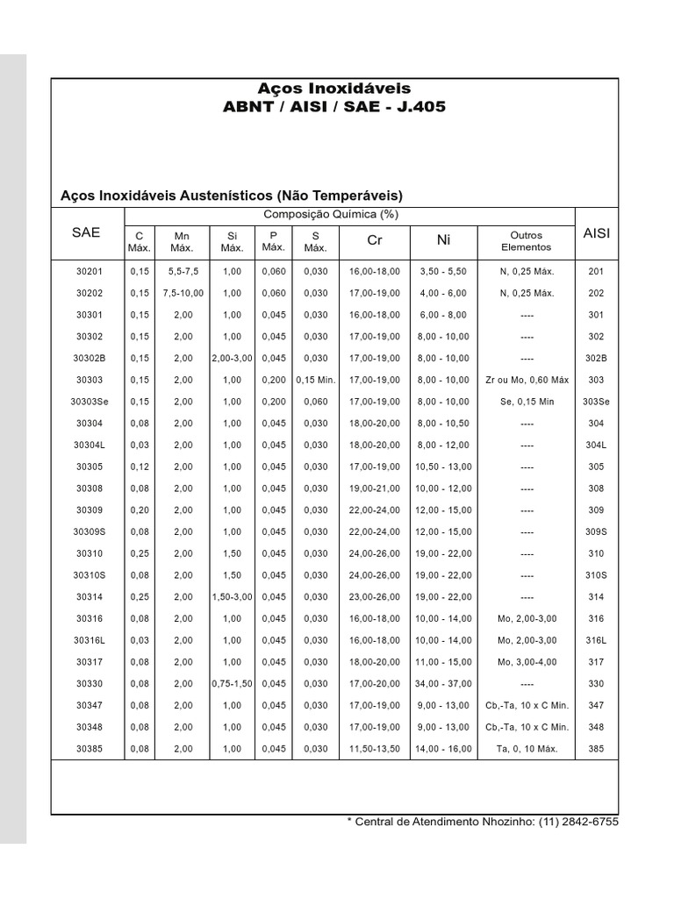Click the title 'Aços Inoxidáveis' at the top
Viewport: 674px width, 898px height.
pos(333,89)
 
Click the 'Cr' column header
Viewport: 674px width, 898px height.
pos(375,240)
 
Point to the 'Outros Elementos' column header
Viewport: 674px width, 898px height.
pos(526,241)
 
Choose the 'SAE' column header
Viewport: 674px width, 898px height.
pos(86,232)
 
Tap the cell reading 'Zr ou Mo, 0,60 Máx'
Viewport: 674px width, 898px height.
pos(526,381)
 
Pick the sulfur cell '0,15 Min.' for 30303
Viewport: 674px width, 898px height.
pos(315,381)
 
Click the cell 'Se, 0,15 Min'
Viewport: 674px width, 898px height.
pos(526,402)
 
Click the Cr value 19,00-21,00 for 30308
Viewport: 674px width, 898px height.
pos(375,488)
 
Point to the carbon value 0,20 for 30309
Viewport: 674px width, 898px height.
pos(140,510)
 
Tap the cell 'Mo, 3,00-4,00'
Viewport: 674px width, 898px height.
pos(526,662)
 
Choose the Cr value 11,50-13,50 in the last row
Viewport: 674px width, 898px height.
pos(375,749)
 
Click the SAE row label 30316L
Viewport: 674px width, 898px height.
pos(89,641)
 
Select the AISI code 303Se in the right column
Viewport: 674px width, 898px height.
pos(596,402)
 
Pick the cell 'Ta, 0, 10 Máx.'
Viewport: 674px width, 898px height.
pos(526,749)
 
